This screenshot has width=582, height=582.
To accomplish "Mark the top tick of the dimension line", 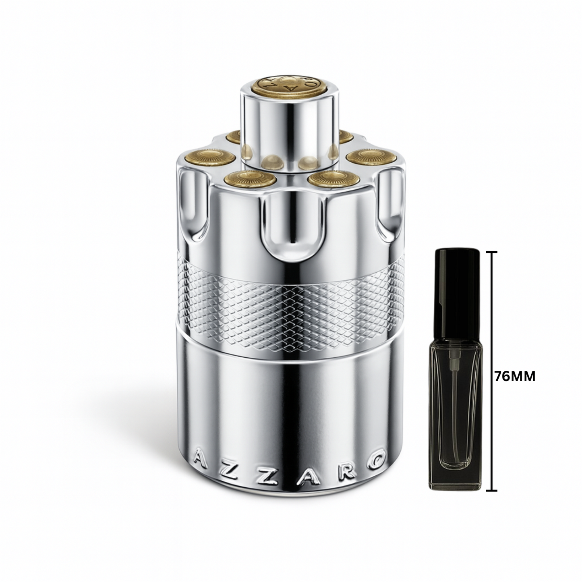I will (x=491, y=252).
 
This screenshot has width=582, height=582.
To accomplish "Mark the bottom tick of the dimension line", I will (x=491, y=491).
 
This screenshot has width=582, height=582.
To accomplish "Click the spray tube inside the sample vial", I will (x=455, y=383).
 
